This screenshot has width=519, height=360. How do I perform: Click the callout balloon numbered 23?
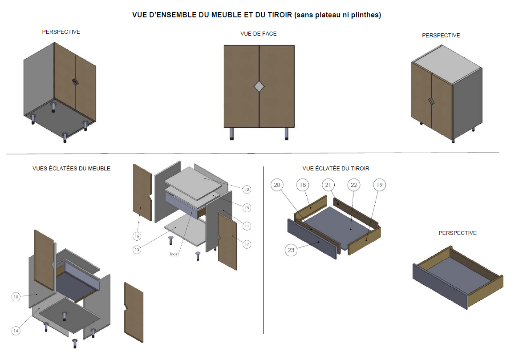(x=291, y=250)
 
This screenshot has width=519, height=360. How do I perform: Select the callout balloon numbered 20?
(x=277, y=185)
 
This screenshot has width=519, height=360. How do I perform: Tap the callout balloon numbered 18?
(x=303, y=185)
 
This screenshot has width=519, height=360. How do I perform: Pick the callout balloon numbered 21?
(x=328, y=185)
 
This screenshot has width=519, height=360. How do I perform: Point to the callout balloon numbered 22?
(x=354, y=185)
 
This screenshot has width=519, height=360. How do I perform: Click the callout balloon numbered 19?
(x=379, y=185)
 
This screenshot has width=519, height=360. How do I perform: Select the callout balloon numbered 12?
(x=247, y=190)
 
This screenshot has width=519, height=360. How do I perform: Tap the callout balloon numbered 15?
(x=247, y=208)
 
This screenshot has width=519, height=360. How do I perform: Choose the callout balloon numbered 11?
(x=247, y=226)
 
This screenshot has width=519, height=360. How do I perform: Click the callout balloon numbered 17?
(x=247, y=244)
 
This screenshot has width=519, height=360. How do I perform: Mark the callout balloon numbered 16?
(x=138, y=235)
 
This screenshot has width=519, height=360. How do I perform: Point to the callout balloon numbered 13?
(x=138, y=250)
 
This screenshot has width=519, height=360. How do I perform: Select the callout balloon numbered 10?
(x=16, y=296)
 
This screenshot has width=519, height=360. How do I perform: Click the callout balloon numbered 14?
(x=16, y=331)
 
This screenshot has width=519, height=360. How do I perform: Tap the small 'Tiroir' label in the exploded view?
(x=174, y=255)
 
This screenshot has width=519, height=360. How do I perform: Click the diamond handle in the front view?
(x=259, y=87)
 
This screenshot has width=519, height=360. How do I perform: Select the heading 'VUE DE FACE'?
(x=258, y=33)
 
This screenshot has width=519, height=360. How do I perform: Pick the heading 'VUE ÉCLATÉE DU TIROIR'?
(x=336, y=168)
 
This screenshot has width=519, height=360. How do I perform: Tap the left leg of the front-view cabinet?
(x=231, y=133)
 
